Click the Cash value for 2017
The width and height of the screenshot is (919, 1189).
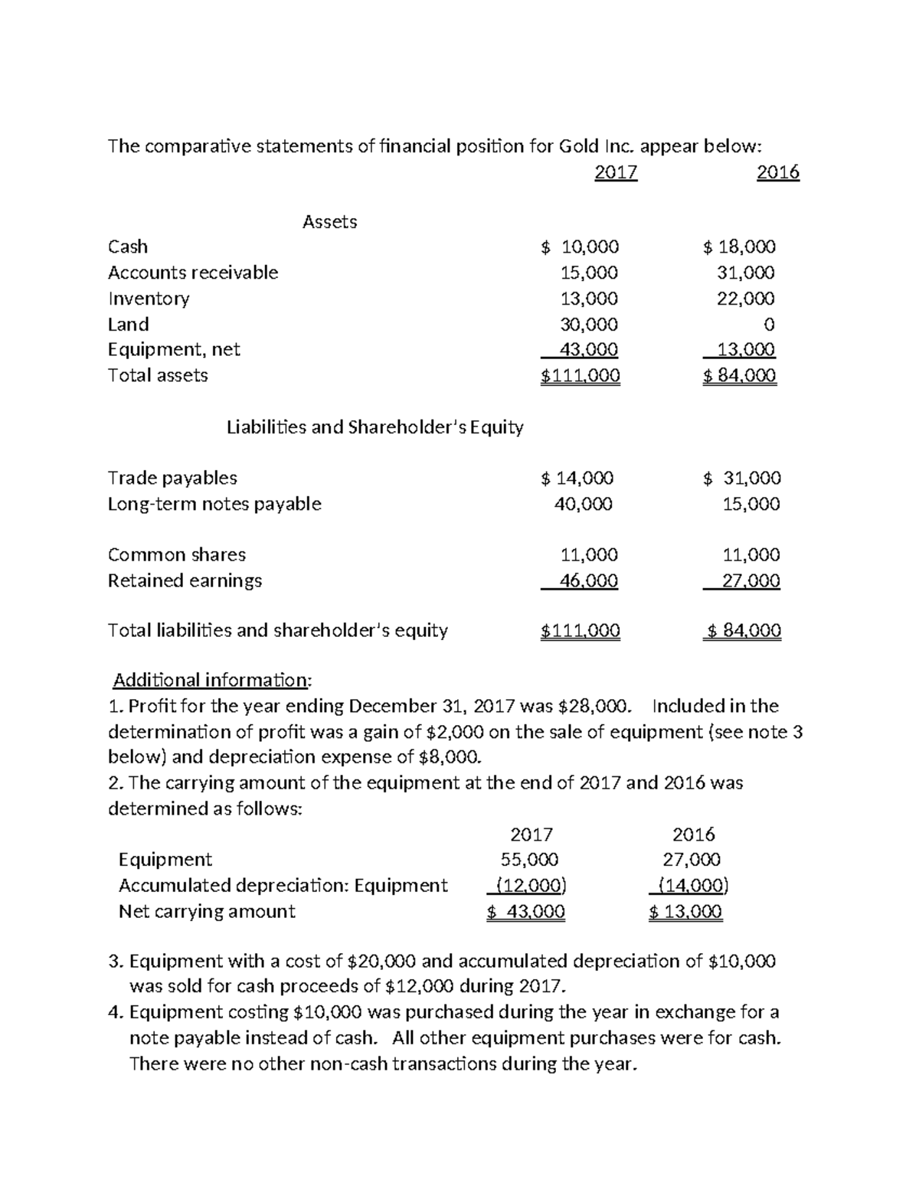tap(580, 247)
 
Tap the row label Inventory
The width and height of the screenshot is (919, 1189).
tap(149, 299)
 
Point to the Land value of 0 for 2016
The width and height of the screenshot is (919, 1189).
tap(769, 325)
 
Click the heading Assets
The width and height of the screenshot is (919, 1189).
tap(329, 222)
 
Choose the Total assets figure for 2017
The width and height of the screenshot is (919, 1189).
tap(580, 376)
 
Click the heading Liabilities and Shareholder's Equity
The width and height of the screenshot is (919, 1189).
tap(374, 427)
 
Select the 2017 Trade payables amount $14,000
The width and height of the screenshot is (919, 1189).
tap(577, 479)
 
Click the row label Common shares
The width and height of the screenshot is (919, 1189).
tap(177, 555)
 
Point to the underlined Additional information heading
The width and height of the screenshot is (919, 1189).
tap(212, 680)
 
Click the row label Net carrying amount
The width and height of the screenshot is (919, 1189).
tap(207, 911)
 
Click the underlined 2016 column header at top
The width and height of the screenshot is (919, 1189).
tap(777, 173)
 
